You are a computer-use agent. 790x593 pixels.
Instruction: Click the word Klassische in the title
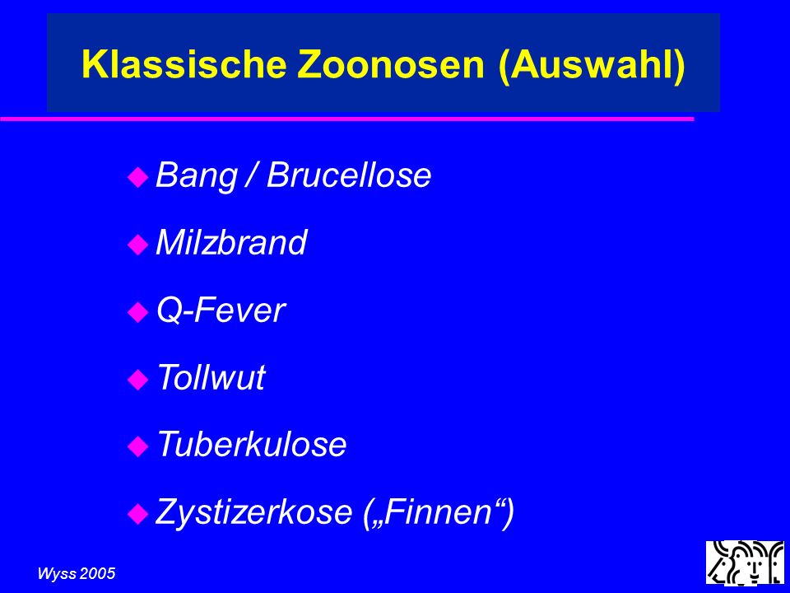184,64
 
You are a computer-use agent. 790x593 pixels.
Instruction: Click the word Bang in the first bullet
197,176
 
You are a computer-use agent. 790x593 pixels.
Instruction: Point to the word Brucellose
349,175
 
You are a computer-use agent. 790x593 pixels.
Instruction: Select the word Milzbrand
231,242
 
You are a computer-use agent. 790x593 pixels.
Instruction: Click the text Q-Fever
221,311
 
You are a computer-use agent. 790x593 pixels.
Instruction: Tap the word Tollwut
211,377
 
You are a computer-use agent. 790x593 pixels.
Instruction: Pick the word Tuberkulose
252,444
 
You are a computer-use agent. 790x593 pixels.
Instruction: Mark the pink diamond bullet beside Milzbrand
137,245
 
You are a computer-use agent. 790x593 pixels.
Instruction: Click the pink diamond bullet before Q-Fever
137,312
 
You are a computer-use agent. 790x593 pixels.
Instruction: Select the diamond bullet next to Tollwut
137,379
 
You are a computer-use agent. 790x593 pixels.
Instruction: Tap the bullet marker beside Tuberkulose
137,446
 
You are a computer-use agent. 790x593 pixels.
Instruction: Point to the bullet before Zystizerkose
137,514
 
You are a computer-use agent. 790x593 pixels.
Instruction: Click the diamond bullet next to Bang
137,178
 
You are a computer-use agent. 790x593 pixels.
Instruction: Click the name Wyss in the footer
57,574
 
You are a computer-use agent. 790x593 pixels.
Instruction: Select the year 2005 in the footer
97,574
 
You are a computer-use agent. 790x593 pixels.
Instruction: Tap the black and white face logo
745,563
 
